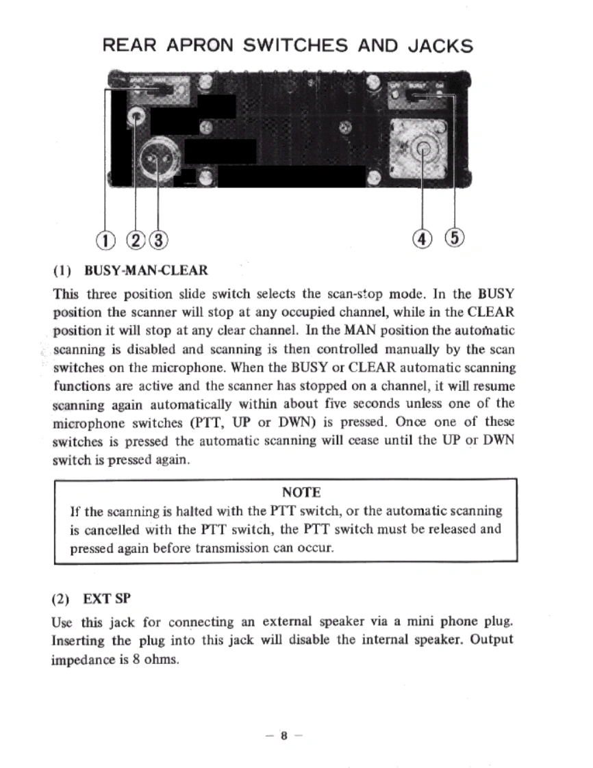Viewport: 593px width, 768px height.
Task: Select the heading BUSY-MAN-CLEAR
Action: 144,270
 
